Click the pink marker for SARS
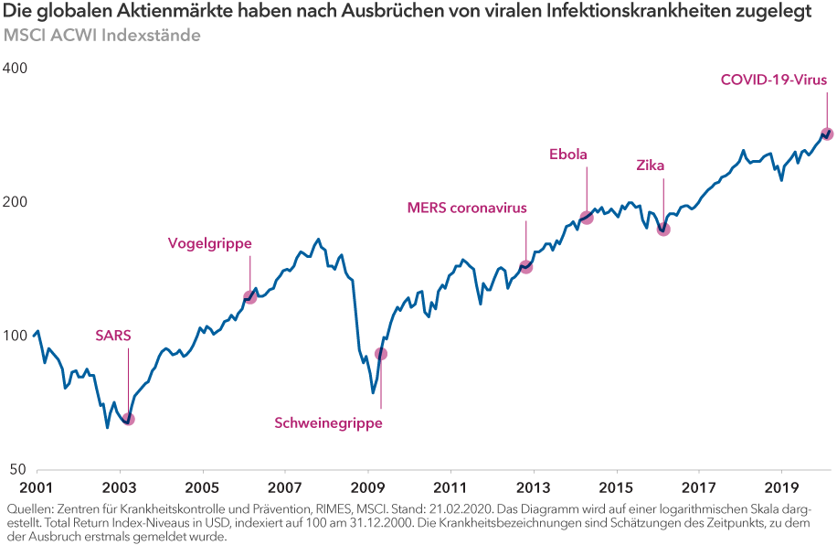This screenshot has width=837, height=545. (128, 419)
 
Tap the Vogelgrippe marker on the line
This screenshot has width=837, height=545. (249, 297)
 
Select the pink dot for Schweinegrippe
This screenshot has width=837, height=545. (381, 354)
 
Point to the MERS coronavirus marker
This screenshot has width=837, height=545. (525, 267)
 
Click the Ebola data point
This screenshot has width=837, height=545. (587, 218)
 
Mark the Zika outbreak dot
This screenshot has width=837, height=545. (663, 229)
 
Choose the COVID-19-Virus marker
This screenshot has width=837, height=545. (827, 134)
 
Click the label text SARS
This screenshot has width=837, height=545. (113, 335)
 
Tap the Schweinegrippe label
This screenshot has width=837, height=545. (328, 422)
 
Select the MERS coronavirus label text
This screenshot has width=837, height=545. (467, 208)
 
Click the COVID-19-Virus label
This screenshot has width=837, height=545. (774, 80)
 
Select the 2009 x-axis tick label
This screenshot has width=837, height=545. (367, 487)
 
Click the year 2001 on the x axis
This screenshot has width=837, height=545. (35, 487)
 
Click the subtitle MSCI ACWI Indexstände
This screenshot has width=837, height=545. (102, 36)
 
